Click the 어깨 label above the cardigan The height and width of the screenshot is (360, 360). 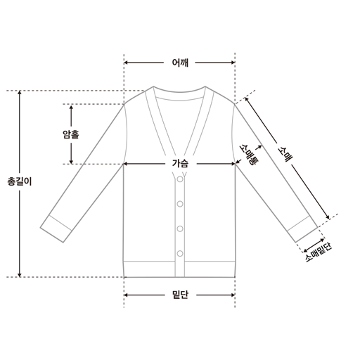tap(180, 63)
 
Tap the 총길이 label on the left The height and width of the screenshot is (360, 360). tap(20, 181)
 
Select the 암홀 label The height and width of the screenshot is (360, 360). tap(71, 134)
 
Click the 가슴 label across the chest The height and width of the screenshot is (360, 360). tap(180, 163)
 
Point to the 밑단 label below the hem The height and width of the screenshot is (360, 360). tap(180, 295)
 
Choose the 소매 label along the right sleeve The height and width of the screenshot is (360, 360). tap(284, 155)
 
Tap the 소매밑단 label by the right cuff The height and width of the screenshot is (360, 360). tap(319, 252)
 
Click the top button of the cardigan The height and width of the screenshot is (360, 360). tap(180, 179)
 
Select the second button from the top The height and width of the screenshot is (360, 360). tap(180, 204)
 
